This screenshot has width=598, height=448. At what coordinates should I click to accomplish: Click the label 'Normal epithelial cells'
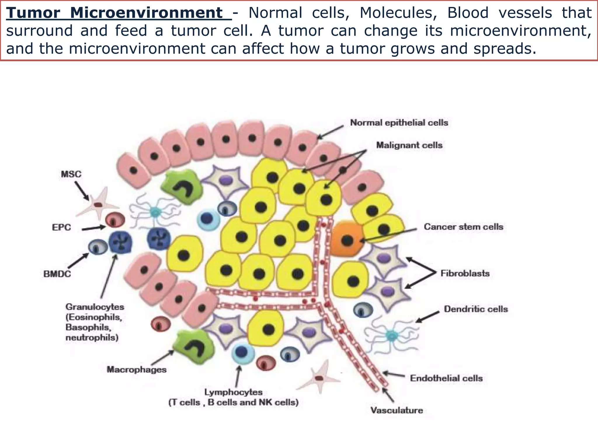(x=399, y=123)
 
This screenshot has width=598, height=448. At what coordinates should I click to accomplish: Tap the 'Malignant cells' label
(x=409, y=145)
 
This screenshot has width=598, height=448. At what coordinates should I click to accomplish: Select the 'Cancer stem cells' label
(x=463, y=227)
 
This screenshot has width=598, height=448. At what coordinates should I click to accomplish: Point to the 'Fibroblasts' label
(x=465, y=274)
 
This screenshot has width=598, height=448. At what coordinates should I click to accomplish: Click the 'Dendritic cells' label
(x=476, y=309)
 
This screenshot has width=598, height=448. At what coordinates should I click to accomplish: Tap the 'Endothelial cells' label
(x=446, y=378)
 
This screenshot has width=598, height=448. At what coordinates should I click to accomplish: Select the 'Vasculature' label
(x=397, y=410)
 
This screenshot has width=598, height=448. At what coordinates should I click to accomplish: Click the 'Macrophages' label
(x=136, y=370)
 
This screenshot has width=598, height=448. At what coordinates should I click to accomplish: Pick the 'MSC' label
(x=71, y=174)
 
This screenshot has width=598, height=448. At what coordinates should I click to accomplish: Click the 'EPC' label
(x=61, y=228)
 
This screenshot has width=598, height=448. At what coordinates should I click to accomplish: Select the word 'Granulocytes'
(x=95, y=307)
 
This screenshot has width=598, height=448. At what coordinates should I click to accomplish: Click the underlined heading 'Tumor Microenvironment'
(x=118, y=13)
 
